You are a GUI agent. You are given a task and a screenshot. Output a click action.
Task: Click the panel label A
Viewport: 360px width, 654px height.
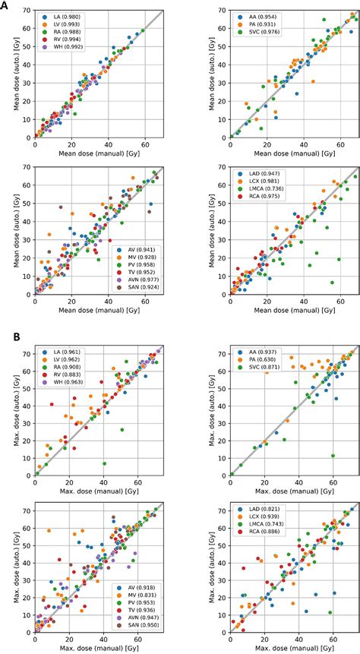(5, 5)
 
